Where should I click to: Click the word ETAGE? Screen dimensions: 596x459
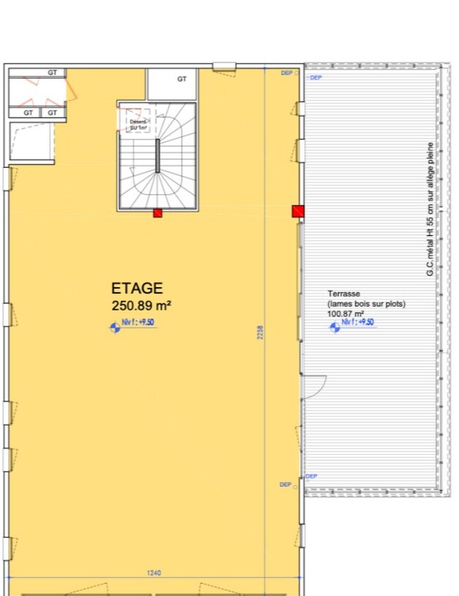tap(137, 289)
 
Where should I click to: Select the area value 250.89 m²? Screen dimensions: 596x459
tap(141, 305)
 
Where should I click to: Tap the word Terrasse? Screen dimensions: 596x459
tap(343, 294)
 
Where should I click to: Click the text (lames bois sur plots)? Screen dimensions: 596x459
tap(365, 304)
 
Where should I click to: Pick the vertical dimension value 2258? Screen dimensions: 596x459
tap(260, 332)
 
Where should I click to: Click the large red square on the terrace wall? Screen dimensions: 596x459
tap(297, 212)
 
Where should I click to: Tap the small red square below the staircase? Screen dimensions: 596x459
tap(157, 213)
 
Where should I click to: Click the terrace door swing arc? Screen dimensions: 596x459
tap(316, 386)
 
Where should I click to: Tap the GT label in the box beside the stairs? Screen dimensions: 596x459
tap(181, 79)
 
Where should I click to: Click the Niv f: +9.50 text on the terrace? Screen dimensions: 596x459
tap(360, 322)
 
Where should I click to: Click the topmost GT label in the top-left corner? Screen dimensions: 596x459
tap(53, 73)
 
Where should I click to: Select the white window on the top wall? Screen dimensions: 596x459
tap(224, 66)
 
